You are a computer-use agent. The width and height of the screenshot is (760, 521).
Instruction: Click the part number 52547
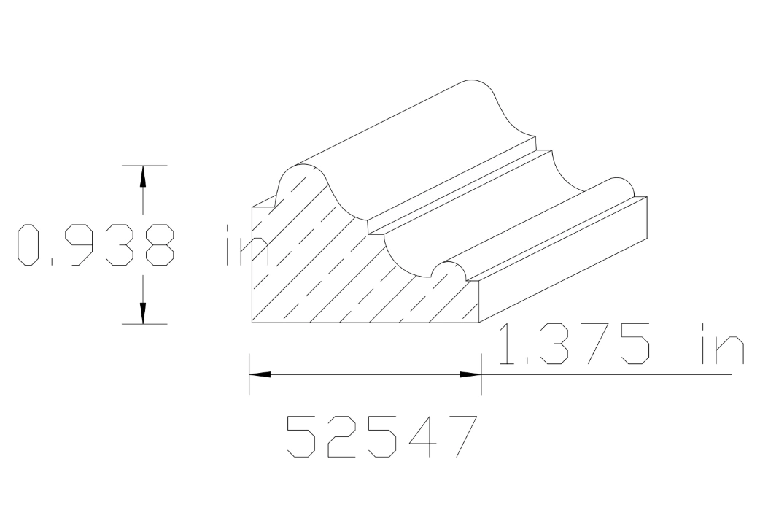click(381, 436)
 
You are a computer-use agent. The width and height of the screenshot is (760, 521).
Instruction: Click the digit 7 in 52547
click(457, 436)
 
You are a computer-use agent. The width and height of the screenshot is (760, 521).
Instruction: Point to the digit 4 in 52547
click(420, 436)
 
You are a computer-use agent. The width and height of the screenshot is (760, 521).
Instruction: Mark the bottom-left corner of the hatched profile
click(252, 323)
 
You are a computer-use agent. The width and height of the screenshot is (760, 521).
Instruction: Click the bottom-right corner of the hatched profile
click(481, 323)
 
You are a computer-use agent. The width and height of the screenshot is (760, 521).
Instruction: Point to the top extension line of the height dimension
click(144, 166)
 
